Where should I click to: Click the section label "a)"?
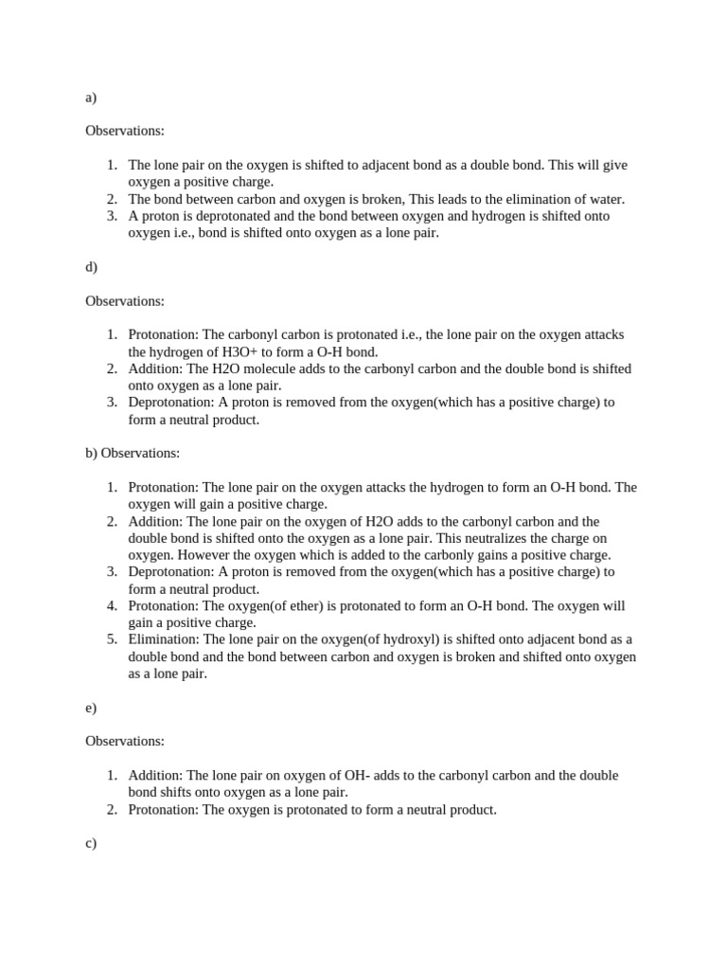[x=91, y=98]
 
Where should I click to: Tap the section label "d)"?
[x=91, y=267]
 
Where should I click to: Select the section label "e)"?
[x=91, y=708]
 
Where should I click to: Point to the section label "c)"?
[x=91, y=843]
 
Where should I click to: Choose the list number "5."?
[x=112, y=639]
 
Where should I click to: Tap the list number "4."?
[x=112, y=605]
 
